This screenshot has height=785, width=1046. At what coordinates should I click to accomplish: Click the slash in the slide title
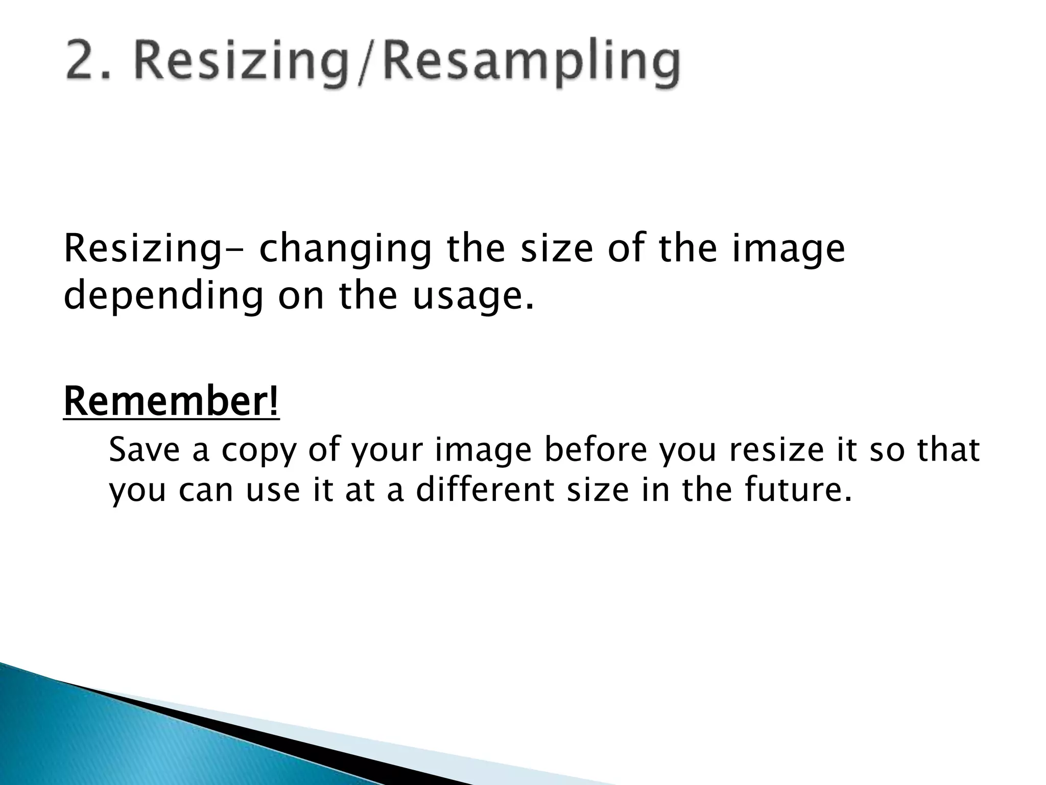(x=368, y=64)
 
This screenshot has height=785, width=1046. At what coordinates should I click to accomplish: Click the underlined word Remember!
(x=172, y=402)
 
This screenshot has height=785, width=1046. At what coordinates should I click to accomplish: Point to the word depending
(x=163, y=297)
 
